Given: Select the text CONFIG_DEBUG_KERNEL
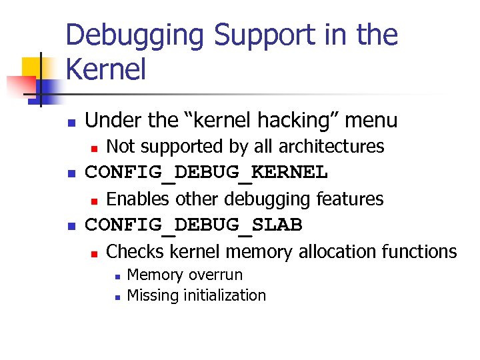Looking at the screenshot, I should point(207,173).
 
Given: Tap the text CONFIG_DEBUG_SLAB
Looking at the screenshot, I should point(194,225).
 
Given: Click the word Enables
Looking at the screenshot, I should point(138,199).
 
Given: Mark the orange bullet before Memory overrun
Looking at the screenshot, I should point(116,276).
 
